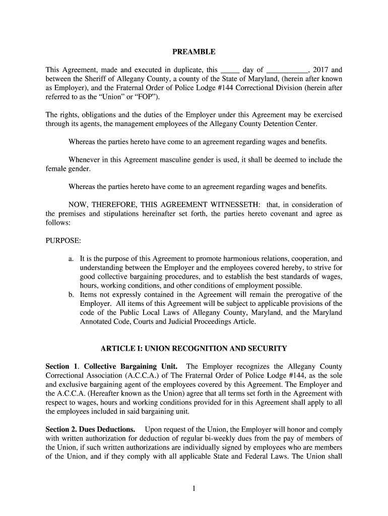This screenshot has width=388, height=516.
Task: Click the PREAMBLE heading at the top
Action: click(194, 52)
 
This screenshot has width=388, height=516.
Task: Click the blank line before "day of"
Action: click(230, 71)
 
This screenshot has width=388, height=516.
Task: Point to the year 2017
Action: click(321, 70)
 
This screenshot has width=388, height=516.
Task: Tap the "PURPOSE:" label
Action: click(63, 241)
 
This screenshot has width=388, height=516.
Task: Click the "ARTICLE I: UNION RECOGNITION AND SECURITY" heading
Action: click(194, 348)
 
